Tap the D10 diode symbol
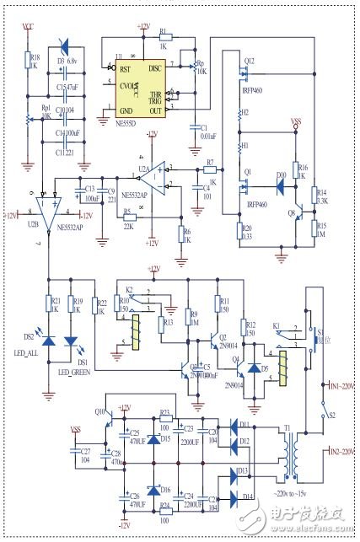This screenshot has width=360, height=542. point(281,178)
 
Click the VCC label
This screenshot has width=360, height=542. point(28,27)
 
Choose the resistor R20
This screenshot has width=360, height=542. point(239,233)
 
